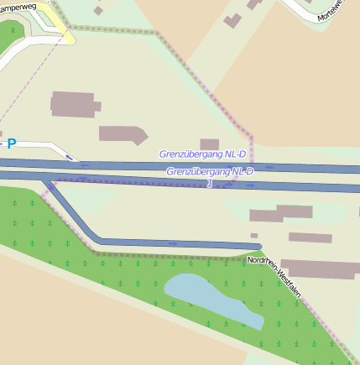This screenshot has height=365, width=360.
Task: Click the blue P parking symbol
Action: click(11, 143)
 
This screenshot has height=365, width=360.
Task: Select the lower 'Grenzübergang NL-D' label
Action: click(210, 171)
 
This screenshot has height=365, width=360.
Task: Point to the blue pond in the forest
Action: click(210, 298)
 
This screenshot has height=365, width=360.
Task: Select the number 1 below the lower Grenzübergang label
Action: click(209, 182)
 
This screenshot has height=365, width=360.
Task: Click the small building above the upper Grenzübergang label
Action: click(209, 144)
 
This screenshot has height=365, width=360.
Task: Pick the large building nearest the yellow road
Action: click(73, 104)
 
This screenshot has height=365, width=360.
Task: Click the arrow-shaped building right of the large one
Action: click(123, 133)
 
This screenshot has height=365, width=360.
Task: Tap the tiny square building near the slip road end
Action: click(254, 236)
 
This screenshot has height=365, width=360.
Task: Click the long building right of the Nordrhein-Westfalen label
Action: click(319, 269)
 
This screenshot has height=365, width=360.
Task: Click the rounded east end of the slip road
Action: click(258, 246)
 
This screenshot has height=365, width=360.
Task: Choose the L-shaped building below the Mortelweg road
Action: click(233, 19)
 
